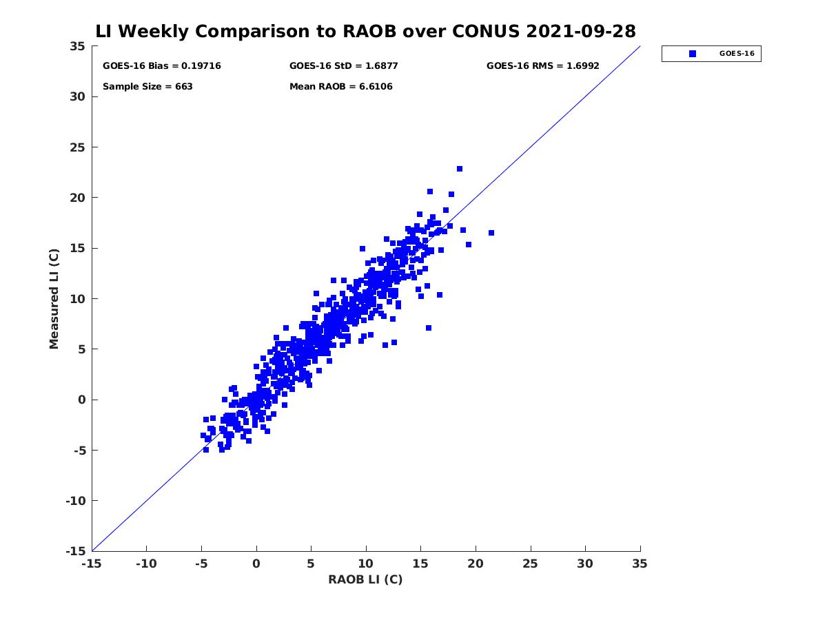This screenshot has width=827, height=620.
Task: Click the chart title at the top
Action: [x=365, y=32]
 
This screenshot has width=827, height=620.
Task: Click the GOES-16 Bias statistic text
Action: [x=161, y=66]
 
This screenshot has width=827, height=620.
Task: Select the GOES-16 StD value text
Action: [x=343, y=66]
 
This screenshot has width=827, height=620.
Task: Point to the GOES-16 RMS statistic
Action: [x=542, y=66]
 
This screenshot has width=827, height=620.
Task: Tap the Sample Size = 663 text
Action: [x=147, y=87]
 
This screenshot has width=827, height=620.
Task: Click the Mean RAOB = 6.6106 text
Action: [x=340, y=87]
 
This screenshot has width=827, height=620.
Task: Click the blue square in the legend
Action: [x=693, y=54]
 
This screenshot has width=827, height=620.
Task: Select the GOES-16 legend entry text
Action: [x=736, y=54]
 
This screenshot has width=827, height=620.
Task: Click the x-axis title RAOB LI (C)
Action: [x=365, y=579]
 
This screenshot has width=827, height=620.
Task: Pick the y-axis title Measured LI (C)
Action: [x=54, y=299]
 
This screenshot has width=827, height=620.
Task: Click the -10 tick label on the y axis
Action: [x=74, y=501]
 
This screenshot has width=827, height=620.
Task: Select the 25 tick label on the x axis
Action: [x=531, y=564]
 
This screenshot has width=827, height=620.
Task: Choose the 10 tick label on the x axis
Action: [x=366, y=564]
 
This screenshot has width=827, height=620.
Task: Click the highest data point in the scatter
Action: [x=460, y=169]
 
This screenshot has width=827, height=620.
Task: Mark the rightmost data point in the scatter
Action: [x=491, y=233]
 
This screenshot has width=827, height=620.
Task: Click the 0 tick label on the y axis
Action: [x=81, y=400]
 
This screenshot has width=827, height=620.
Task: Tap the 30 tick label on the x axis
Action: [x=585, y=564]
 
